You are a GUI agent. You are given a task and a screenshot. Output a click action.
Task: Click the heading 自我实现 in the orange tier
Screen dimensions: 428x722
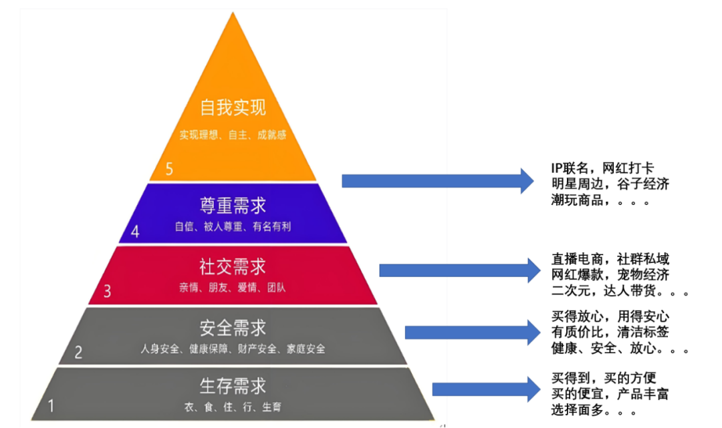[x=233, y=108]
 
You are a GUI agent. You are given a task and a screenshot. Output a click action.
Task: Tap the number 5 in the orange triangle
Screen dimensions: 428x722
[x=169, y=169]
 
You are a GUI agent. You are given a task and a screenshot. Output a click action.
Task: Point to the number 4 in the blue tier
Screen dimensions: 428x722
[x=135, y=232]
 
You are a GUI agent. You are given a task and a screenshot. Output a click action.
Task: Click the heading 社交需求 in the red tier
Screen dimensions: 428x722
[x=233, y=266]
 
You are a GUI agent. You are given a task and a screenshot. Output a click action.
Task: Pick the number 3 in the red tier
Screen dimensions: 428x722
[x=107, y=291]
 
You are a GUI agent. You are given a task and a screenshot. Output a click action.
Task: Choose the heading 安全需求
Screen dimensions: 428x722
[x=233, y=328]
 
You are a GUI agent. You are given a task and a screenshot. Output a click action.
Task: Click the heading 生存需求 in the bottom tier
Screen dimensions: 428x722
[x=233, y=386]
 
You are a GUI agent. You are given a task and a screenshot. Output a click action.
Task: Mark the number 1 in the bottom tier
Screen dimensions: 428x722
[x=51, y=405]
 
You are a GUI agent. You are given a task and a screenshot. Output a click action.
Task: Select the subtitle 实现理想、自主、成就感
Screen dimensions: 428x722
[x=233, y=135]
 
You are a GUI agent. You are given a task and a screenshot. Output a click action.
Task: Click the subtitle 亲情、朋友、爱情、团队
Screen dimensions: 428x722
[x=233, y=288]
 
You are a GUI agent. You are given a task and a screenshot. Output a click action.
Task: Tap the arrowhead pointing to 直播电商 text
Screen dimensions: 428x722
[x=531, y=270]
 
